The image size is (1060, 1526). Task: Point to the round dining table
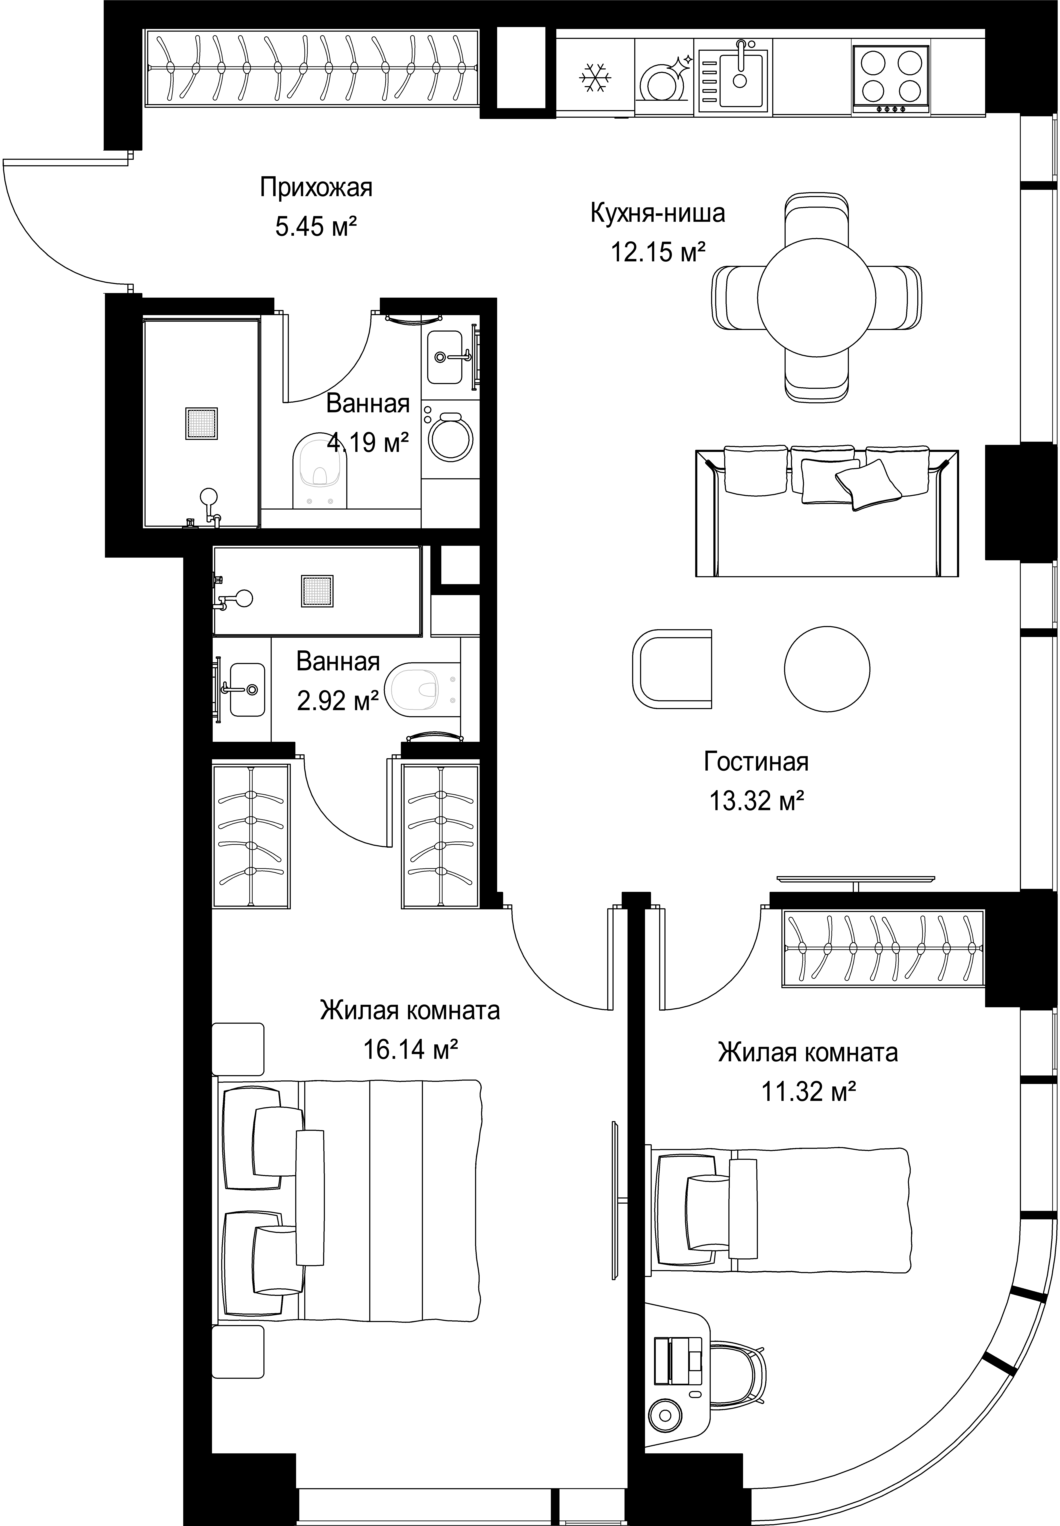(816, 298)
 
